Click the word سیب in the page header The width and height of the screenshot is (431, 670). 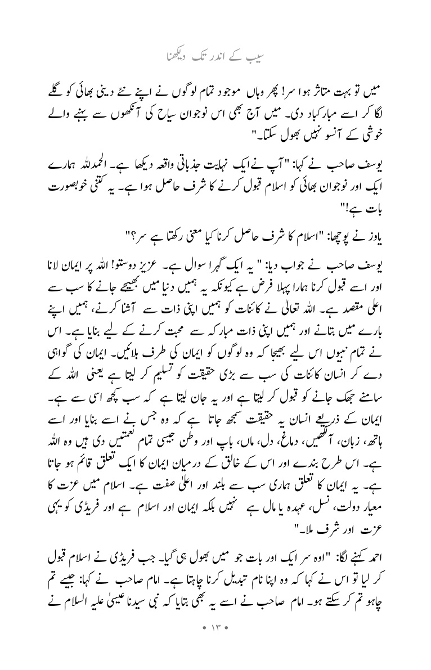[258, 57]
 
